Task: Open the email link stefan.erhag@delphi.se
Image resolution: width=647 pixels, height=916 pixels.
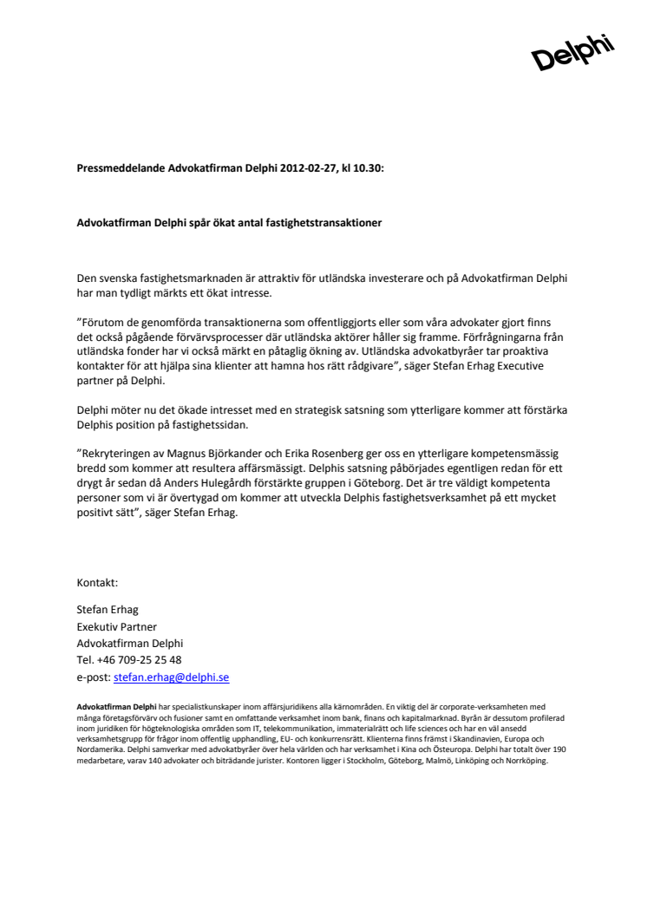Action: (x=171, y=677)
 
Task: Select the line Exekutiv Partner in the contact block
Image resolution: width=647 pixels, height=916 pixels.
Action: (x=116, y=626)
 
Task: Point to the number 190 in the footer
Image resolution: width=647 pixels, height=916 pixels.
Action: (x=559, y=748)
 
